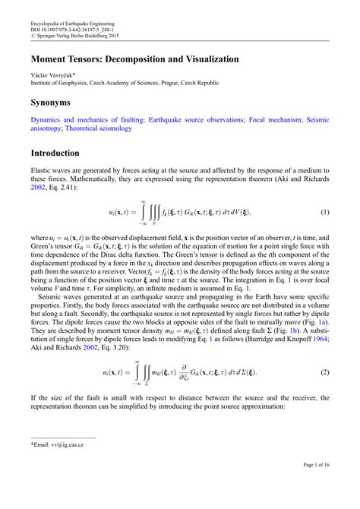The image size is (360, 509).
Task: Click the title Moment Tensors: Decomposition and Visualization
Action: click(134, 58)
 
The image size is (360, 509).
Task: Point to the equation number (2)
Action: click(324, 374)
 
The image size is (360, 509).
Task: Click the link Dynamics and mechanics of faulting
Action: click(85, 120)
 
